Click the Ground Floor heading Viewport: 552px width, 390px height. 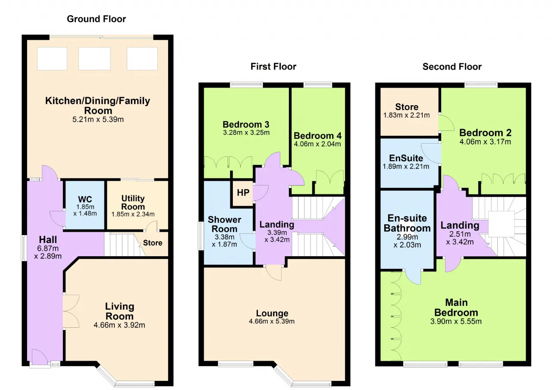96,19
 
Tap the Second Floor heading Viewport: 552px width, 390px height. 452,66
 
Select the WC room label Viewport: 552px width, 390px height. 85,199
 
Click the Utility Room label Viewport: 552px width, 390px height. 133,202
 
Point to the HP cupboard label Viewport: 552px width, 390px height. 243,192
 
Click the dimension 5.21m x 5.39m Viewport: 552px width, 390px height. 98,120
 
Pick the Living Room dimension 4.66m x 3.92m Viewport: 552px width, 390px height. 119,325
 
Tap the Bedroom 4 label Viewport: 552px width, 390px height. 318,135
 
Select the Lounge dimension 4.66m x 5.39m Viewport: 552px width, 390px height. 272,321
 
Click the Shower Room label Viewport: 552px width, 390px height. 225,224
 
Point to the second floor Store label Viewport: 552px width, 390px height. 407,107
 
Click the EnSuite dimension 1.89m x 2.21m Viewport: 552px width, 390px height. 406,167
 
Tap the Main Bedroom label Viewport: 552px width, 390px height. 456,308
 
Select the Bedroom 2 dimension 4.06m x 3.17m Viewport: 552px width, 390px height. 485,142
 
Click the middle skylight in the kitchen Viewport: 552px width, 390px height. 94,59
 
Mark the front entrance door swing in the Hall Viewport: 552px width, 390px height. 39,357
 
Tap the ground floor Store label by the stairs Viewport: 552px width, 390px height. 153,243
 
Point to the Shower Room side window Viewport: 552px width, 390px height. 201,236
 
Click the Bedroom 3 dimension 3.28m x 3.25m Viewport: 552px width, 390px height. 246,132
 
